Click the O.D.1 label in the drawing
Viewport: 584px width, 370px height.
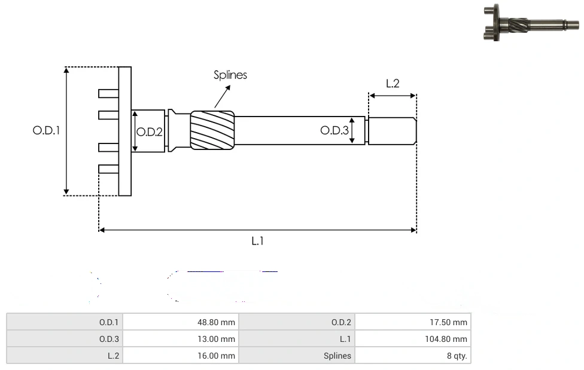coord(47,130)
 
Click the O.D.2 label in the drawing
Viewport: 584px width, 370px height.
coord(150,132)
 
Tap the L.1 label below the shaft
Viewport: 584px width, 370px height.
coord(257,241)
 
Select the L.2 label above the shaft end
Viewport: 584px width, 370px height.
coord(393,84)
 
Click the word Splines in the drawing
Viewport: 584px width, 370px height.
coord(230,75)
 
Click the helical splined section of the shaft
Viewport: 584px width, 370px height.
coord(212,130)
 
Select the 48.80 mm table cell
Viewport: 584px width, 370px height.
coord(180,322)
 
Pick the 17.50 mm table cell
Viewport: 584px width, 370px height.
coord(412,322)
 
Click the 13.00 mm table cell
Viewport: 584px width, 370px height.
coord(180,339)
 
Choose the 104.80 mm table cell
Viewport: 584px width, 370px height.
coord(412,339)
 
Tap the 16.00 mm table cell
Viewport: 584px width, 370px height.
coord(180,356)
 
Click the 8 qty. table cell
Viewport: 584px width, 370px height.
coord(412,356)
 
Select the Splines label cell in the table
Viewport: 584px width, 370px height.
coord(297,356)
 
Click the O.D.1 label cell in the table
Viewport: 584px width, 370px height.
coord(65,322)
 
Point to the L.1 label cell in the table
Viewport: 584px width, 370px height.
coord(297,339)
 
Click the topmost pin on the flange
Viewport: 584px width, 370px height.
coord(108,93)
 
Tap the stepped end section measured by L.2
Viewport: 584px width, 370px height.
coord(392,131)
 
